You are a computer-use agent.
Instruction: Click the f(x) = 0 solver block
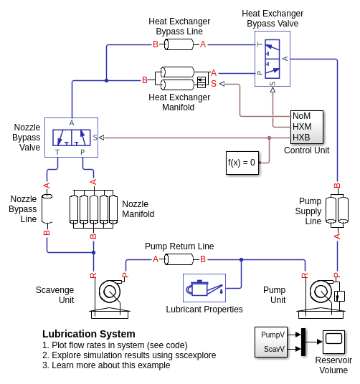coord(242,163)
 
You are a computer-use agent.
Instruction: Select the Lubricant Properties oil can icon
coord(204,288)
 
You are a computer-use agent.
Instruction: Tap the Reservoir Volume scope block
coord(333,342)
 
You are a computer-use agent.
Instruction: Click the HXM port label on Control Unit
coord(302,127)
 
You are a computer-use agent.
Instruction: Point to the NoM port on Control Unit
coord(301,116)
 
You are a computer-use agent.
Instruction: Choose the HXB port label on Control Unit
coord(301,138)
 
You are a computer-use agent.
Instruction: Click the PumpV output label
coord(273,335)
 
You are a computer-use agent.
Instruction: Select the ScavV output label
coord(274,349)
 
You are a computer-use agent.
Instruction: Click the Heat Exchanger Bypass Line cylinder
coord(179,44)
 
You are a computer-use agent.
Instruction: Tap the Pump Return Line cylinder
coord(179,259)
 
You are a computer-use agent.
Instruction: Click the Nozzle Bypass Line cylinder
coord(47,208)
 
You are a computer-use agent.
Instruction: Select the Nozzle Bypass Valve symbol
coord(71,138)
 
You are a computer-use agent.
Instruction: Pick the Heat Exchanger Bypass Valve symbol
coord(272,59)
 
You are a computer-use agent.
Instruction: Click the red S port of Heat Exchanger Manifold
coord(214,84)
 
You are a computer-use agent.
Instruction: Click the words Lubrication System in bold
coord(89,334)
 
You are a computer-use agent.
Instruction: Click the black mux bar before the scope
coord(303,342)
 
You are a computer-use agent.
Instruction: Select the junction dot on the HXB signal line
coord(270,138)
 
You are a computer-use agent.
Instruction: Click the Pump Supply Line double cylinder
coord(337,211)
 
